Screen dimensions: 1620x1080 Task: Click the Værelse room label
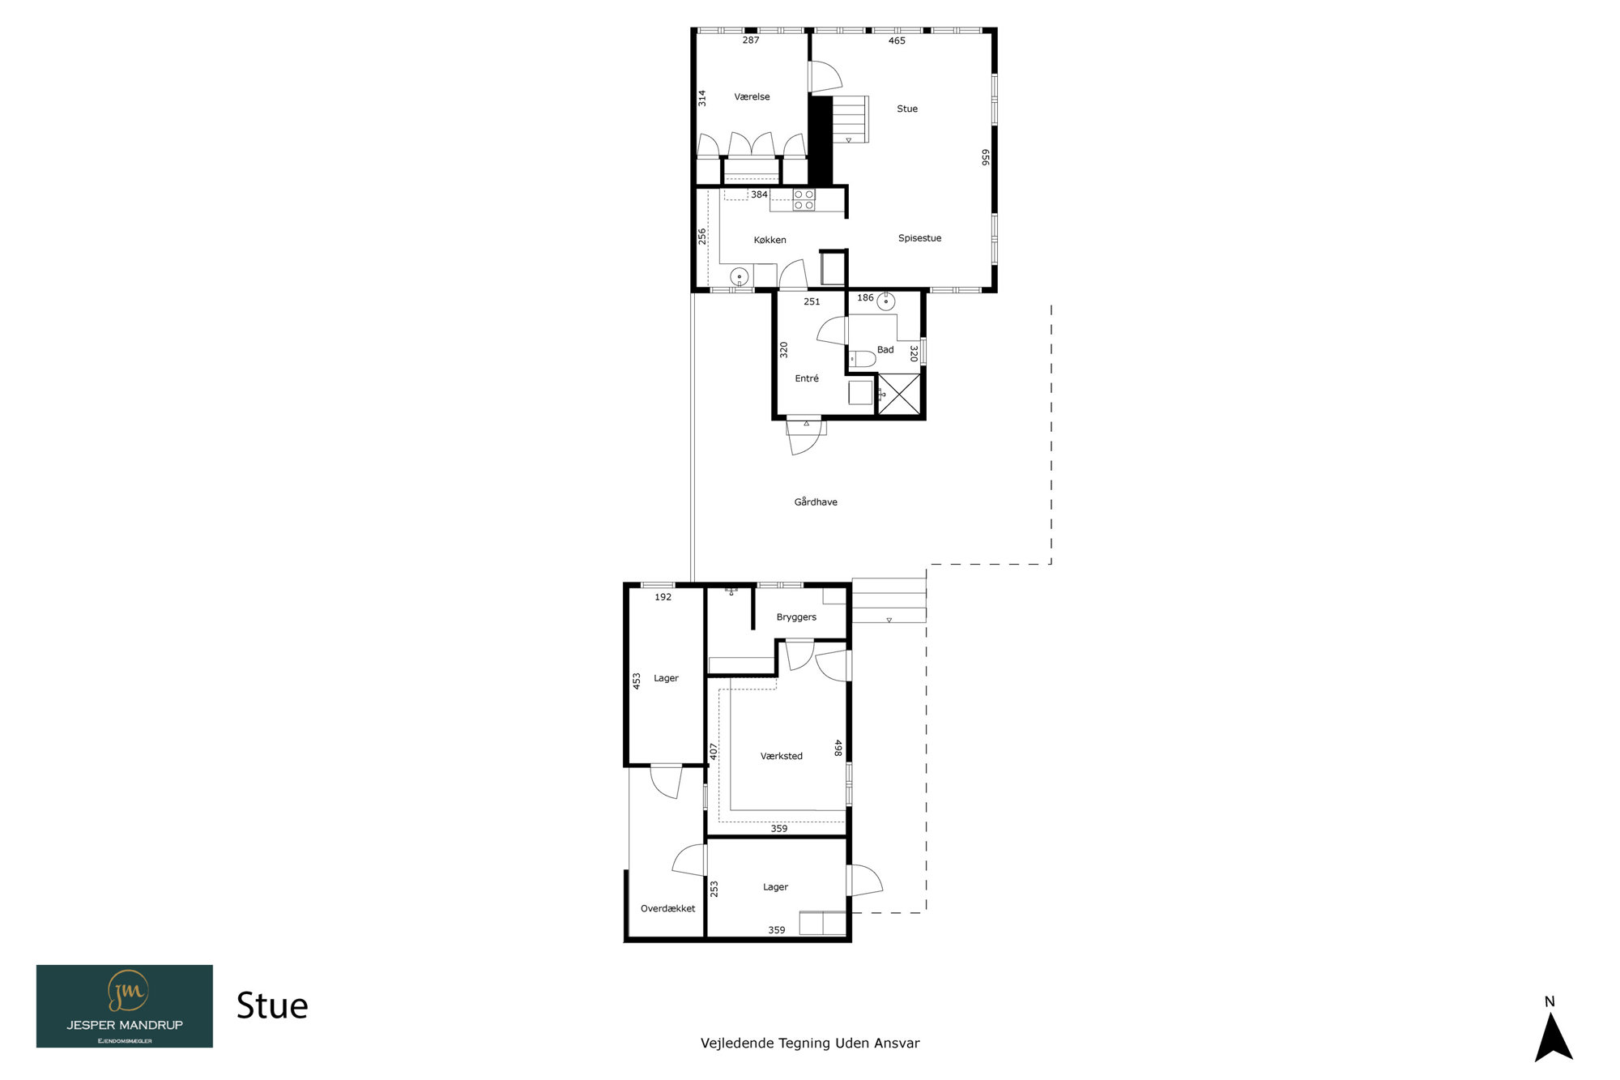coord(752,97)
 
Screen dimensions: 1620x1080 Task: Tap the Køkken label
coord(769,240)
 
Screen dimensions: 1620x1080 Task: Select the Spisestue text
coord(919,238)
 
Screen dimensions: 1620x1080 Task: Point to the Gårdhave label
coord(816,502)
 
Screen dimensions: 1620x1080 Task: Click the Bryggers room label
coord(796,617)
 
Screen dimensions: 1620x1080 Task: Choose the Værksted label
coord(782,756)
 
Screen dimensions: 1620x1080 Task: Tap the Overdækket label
coord(667,908)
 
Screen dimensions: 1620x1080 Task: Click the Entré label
coord(807,378)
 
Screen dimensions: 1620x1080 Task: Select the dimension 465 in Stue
coord(897,41)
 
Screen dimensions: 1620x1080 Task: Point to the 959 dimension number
coord(986,157)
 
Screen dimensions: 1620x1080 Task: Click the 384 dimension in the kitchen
coord(759,194)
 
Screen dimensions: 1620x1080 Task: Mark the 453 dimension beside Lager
coord(637,681)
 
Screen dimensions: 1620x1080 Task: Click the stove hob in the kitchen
coord(804,200)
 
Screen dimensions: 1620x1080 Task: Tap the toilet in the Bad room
coord(862,358)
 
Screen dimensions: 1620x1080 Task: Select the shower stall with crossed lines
coord(899,395)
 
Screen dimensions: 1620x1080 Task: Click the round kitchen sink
coord(739,277)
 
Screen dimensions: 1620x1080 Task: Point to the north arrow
coord(1553,1037)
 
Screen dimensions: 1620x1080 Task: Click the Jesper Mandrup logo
coord(125,1006)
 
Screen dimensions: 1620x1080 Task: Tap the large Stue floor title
coord(272,1006)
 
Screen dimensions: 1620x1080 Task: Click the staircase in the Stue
coord(850,119)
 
